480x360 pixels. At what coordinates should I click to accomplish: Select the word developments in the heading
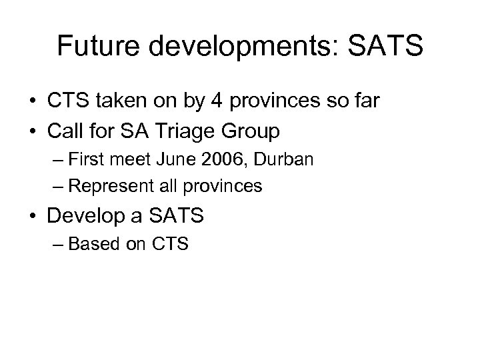(245, 46)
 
